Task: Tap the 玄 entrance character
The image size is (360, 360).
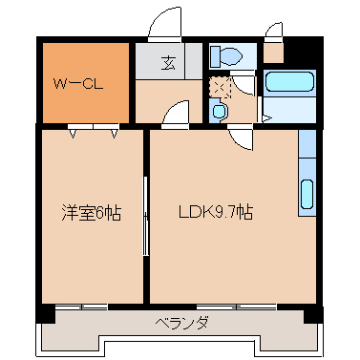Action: (x=168, y=64)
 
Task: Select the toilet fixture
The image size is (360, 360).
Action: (x=227, y=56)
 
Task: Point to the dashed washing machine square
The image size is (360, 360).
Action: (x=221, y=88)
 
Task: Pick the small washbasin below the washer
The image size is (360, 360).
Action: (x=221, y=112)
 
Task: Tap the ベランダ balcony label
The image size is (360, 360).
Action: (x=180, y=322)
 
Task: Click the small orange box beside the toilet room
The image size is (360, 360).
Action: (x=273, y=53)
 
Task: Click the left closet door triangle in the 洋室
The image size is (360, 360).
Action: (x=74, y=134)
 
